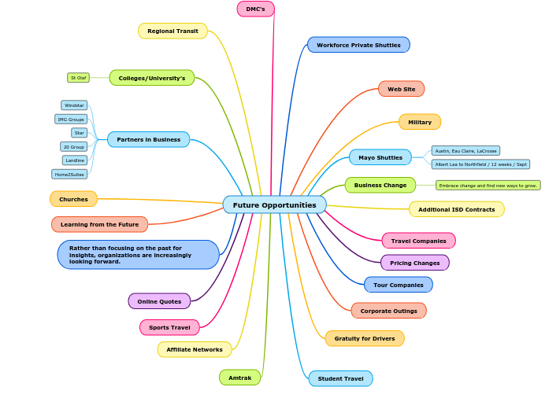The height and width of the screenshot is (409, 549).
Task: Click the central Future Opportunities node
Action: pos(274,204)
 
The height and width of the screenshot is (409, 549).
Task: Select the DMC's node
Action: pos(255,9)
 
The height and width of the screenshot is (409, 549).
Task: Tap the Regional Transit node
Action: pos(172,31)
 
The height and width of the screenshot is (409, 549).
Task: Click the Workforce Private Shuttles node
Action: pos(358,45)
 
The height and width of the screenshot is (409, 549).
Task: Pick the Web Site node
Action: pos(401,89)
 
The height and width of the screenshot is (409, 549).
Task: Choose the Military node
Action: pos(419,122)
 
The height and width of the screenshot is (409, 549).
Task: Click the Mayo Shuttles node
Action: pos(380,157)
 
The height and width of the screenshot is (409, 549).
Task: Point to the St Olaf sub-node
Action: pos(78,78)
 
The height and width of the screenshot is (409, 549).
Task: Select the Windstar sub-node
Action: pos(74,105)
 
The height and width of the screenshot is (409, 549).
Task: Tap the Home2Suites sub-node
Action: pos(69,174)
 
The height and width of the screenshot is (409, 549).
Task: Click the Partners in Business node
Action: pos(148,139)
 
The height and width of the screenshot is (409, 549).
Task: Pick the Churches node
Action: pos(73,199)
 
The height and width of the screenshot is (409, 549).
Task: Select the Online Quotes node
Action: pos(159,301)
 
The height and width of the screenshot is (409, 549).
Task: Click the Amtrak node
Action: pos(239,378)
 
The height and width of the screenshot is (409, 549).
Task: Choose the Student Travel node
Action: pos(340,378)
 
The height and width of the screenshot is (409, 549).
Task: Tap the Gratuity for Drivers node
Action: pos(364,338)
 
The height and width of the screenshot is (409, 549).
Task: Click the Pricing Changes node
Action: pos(414,263)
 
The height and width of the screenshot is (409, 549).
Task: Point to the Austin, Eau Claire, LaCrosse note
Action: pos(466,150)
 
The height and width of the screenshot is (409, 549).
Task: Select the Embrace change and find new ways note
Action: pos(488,186)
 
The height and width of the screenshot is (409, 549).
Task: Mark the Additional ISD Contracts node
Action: pos(456,209)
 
